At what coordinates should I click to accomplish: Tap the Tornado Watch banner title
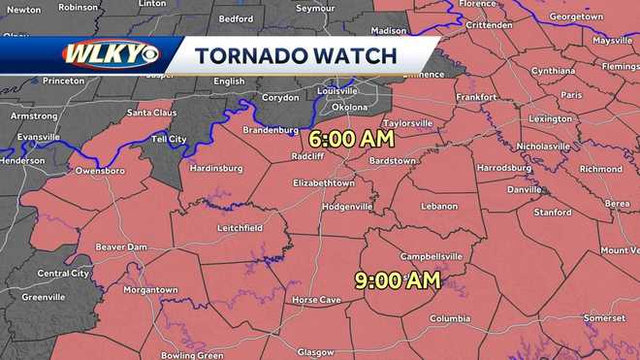pyautogui.click(x=295, y=56)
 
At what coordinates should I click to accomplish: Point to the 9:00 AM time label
pyautogui.click(x=399, y=281)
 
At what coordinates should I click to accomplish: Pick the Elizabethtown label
pyautogui.click(x=324, y=182)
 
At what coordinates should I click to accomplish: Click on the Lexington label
pyautogui.click(x=551, y=118)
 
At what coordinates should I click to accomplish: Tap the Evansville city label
pyautogui.click(x=38, y=138)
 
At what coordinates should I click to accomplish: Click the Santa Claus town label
pyautogui.click(x=152, y=114)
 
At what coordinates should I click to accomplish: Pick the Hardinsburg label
pyautogui.click(x=215, y=167)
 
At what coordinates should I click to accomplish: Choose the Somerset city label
pyautogui.click(x=604, y=318)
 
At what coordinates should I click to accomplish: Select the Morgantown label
pyautogui.click(x=150, y=289)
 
